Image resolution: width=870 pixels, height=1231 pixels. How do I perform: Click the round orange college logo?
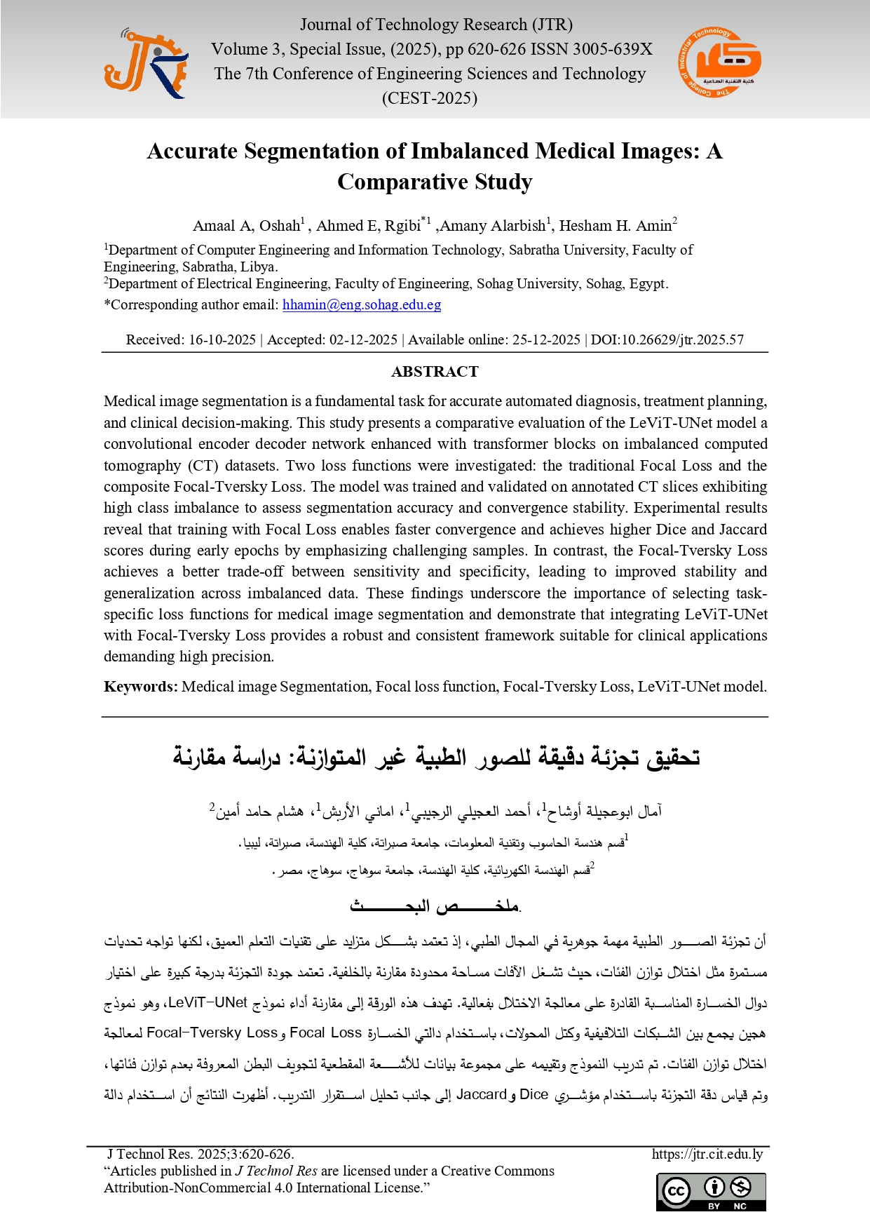[719, 62]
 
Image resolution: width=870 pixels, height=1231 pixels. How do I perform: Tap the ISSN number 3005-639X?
[612, 49]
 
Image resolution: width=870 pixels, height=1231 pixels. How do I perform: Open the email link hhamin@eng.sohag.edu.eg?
[362, 304]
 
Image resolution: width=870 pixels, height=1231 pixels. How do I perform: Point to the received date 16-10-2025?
[222, 339]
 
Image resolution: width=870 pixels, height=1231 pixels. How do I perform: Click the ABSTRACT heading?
[435, 372]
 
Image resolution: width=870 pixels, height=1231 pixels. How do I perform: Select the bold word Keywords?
[140, 687]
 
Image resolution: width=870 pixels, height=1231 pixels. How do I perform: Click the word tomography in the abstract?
[142, 466]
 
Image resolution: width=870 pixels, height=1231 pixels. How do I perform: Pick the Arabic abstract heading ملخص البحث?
[435, 906]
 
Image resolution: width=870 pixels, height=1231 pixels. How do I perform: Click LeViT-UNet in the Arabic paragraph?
[208, 1002]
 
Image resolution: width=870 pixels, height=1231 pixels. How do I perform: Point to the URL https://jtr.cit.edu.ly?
[707, 1154]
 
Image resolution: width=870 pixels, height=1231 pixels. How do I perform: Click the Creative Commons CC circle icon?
[677, 1190]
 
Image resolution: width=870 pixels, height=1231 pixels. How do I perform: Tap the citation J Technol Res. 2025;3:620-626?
[200, 1154]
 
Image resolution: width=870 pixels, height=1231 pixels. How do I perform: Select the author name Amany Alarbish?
[493, 226]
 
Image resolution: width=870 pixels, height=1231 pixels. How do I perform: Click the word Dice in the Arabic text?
[534, 1094]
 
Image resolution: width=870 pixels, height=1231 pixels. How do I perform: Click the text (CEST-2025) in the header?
[430, 98]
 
